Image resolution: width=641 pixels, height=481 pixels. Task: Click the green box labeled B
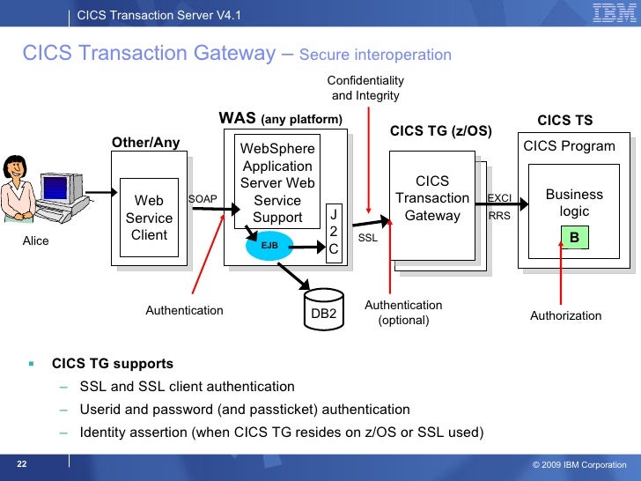574,237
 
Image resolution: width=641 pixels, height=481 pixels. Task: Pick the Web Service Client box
149,218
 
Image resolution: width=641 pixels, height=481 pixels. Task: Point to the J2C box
333,232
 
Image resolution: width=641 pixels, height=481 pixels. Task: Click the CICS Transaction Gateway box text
431,198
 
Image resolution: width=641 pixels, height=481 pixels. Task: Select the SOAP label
203,199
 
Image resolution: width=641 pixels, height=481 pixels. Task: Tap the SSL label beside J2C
367,239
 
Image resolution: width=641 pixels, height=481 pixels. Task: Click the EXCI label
499,197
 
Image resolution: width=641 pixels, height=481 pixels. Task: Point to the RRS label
498,214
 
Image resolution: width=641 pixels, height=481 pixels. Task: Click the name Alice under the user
35,240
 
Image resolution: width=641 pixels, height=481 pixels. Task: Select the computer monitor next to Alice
55,189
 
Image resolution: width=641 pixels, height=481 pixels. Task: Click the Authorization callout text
565,315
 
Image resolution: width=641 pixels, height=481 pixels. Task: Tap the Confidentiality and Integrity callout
365,88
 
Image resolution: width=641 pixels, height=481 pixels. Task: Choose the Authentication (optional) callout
403,313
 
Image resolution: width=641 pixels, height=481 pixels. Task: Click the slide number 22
21,463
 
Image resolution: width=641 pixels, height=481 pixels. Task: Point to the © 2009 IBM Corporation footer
579,464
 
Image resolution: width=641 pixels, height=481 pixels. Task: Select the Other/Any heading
145,143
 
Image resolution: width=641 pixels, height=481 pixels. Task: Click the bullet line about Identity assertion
281,433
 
